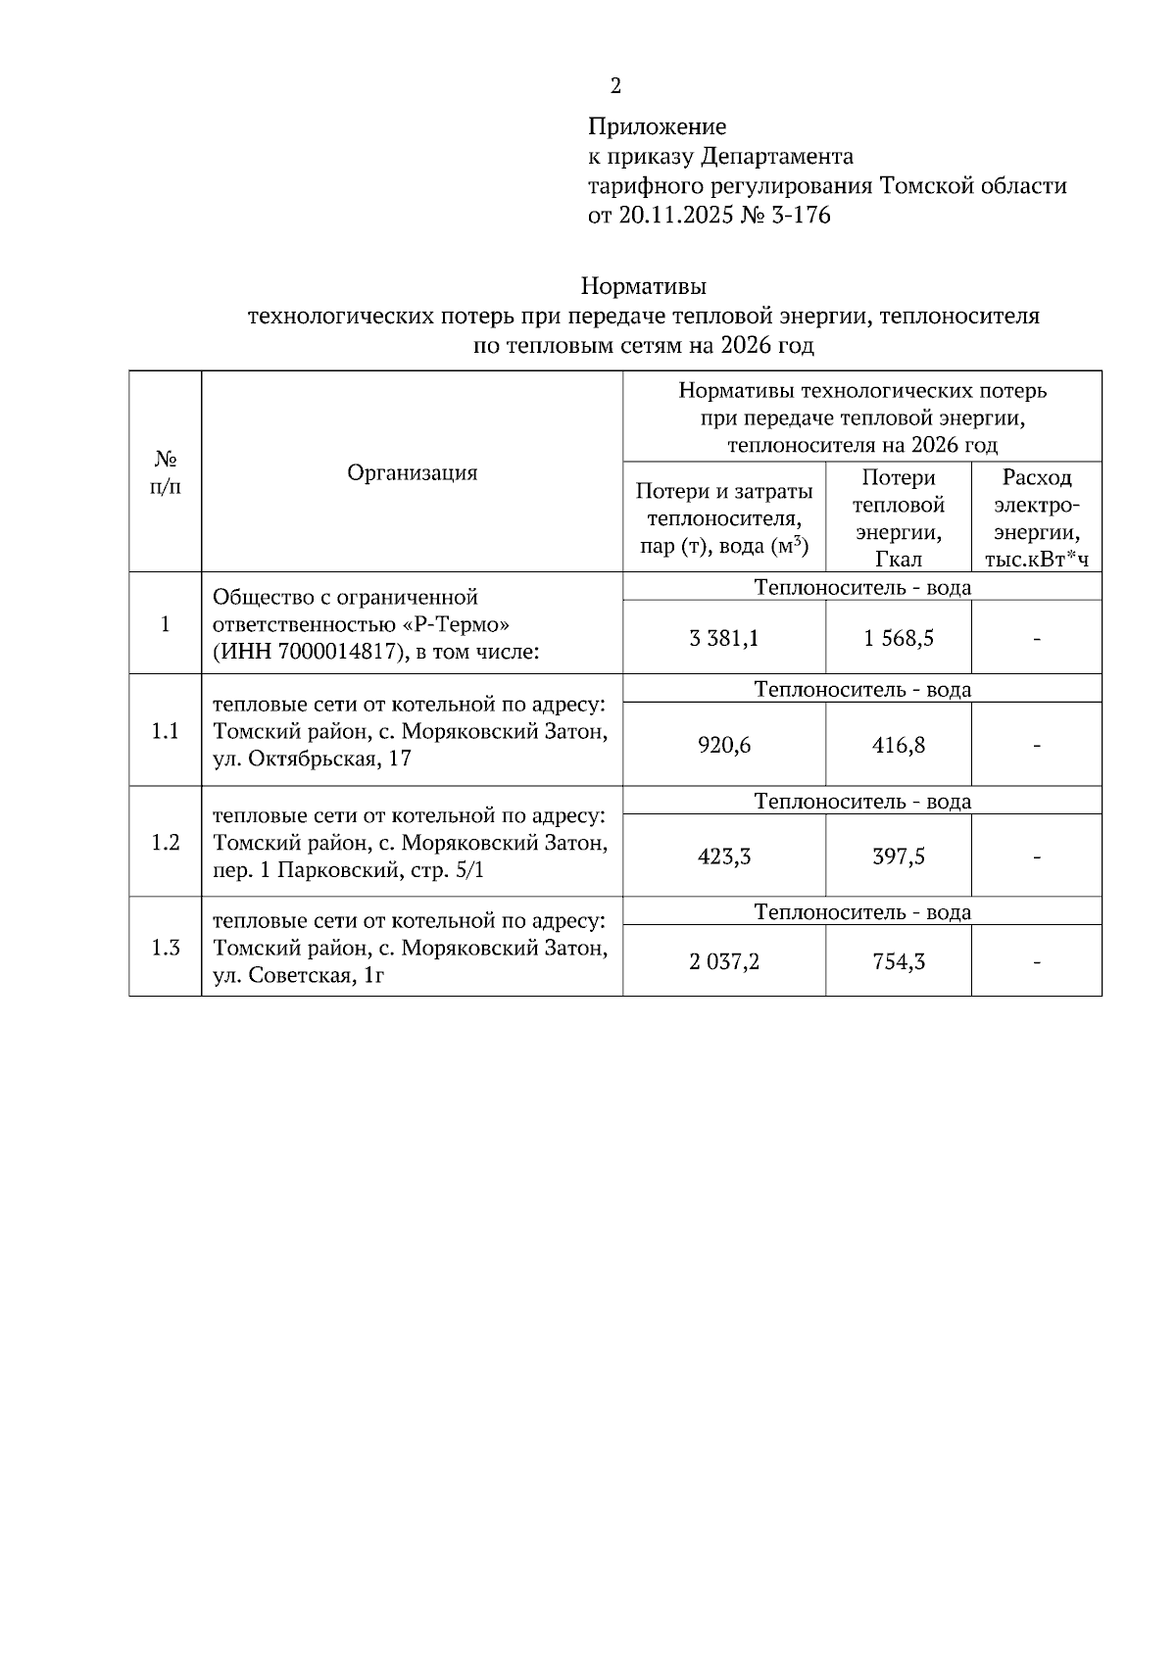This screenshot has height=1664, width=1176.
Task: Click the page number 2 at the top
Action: click(615, 87)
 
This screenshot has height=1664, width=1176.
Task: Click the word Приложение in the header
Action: click(657, 126)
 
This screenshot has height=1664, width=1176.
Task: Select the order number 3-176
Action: click(798, 216)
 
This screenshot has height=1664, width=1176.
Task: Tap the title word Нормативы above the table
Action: click(643, 287)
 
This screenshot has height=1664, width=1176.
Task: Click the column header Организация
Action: click(412, 472)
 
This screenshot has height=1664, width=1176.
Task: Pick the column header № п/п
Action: click(165, 472)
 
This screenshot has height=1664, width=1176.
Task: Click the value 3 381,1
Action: click(724, 639)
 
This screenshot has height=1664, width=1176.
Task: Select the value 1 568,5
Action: click(898, 639)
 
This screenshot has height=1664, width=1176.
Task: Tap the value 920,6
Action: click(724, 746)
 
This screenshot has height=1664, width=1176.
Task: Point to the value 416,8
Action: click(898, 746)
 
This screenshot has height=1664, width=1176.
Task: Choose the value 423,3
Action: click(724, 857)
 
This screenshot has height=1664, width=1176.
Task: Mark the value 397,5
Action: click(898, 857)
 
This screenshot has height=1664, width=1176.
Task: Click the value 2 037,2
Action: click(724, 962)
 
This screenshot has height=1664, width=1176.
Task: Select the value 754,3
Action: click(898, 962)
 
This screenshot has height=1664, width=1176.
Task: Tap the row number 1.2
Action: click(165, 843)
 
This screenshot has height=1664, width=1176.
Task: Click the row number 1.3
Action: click(165, 948)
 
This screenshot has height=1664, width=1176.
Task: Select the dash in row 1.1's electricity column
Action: click(1036, 746)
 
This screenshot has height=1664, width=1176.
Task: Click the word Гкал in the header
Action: click(898, 560)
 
